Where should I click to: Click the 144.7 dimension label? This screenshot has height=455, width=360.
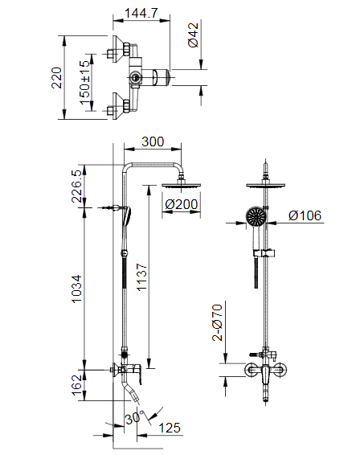tap(141, 14)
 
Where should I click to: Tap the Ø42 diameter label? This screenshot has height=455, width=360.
tap(194, 35)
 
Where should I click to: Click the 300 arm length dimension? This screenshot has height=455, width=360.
tap(152, 142)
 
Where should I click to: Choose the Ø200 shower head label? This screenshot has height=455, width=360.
tap(181, 204)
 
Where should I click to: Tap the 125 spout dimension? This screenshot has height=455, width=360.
tap(170, 428)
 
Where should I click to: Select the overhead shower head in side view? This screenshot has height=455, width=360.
tap(181, 187)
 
